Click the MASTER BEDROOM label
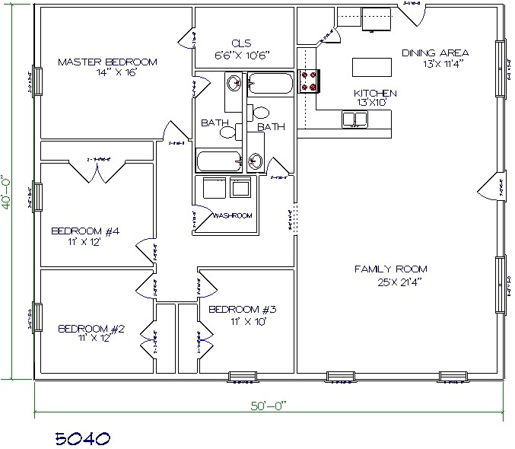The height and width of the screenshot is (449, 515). (x=107, y=61)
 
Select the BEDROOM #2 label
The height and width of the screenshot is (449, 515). (x=91, y=329)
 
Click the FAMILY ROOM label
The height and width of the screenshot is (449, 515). (x=390, y=269)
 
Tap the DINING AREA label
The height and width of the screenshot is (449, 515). (x=435, y=53)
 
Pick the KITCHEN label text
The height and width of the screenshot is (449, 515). (x=375, y=93)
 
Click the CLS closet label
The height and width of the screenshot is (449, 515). (x=243, y=44)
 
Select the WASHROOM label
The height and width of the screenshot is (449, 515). (x=232, y=215)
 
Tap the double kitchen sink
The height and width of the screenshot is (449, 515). (x=353, y=119)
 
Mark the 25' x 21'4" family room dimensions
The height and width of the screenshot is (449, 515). (x=390, y=285)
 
